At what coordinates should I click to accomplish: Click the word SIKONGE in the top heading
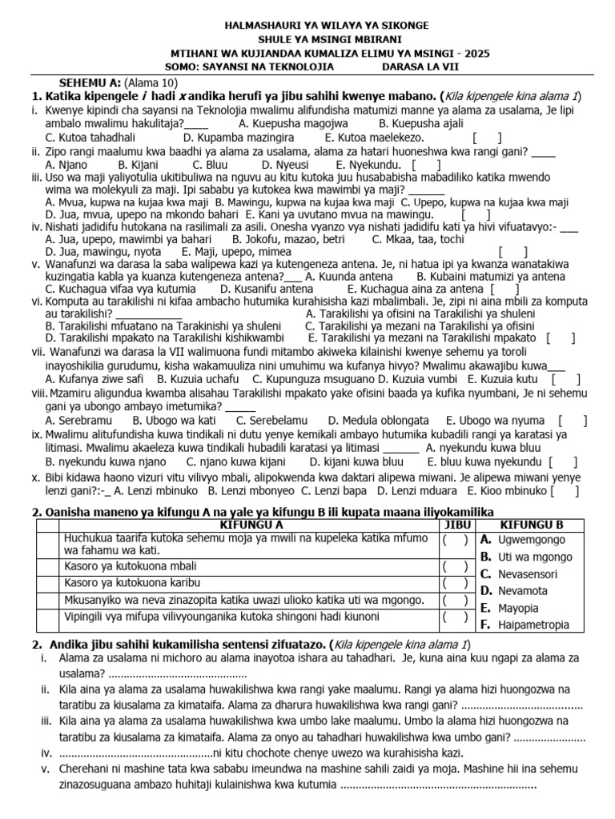tap(405, 26)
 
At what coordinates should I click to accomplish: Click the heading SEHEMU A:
tap(90, 82)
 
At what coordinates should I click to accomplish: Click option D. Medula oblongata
tap(379, 420)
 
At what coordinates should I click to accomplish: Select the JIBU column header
tap(454, 525)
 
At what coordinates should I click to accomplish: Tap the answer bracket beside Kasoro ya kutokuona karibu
tap(454, 583)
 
